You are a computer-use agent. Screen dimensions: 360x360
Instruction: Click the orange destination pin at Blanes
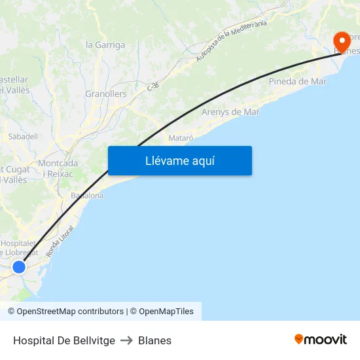point(341,41)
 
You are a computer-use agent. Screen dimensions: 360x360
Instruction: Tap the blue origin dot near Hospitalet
point(19,267)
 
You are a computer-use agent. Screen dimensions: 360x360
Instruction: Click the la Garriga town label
point(105,45)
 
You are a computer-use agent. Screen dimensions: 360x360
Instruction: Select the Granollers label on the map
point(106,94)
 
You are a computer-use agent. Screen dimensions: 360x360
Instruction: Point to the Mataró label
point(181,138)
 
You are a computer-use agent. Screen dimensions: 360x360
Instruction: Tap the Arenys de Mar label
point(230,112)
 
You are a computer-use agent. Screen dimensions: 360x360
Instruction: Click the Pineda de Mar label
point(298,82)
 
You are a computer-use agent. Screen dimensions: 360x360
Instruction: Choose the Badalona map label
point(87,196)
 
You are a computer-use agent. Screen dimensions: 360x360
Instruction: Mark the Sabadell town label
point(23,137)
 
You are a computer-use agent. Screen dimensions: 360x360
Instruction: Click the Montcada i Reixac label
point(58,168)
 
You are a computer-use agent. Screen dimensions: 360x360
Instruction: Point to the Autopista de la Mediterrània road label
point(232,41)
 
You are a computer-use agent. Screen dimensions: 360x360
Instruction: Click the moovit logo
point(320,339)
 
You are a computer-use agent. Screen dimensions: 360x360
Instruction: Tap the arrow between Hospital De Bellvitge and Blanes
point(126,340)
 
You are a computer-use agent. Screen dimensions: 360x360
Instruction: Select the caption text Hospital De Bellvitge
point(64,340)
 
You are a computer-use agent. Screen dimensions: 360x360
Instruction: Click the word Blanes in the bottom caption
point(154,340)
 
